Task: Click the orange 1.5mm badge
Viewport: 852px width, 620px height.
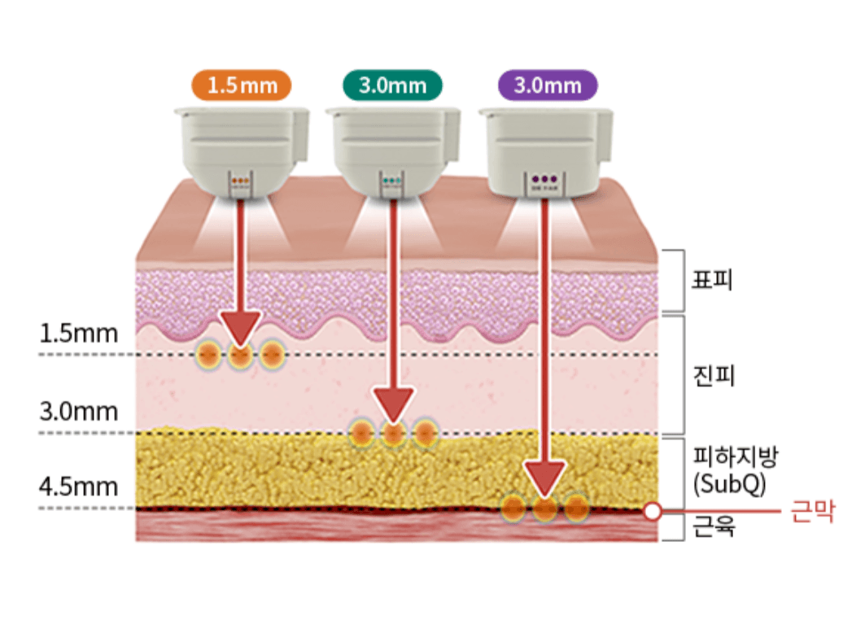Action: click(240, 85)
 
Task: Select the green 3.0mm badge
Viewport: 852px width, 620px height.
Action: click(392, 85)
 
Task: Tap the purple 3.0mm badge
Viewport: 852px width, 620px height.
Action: click(547, 85)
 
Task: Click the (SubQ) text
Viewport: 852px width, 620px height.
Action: click(729, 484)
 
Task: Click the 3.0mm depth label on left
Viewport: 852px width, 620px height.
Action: click(79, 411)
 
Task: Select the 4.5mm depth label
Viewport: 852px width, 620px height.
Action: click(79, 487)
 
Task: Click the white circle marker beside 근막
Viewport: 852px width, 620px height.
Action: click(651, 512)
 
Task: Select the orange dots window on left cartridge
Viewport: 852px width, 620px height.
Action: click(240, 181)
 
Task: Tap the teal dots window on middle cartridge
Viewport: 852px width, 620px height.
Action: click(392, 181)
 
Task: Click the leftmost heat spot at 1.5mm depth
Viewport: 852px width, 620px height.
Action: click(209, 354)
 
